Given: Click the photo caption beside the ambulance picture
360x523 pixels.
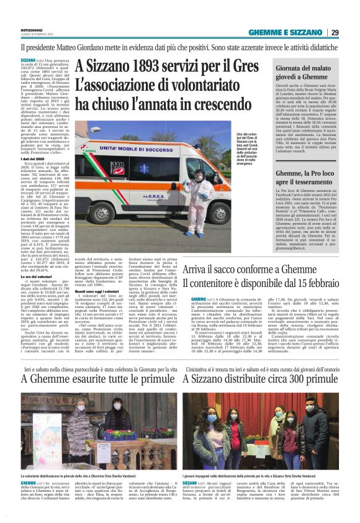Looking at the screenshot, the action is click(x=246, y=150).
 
